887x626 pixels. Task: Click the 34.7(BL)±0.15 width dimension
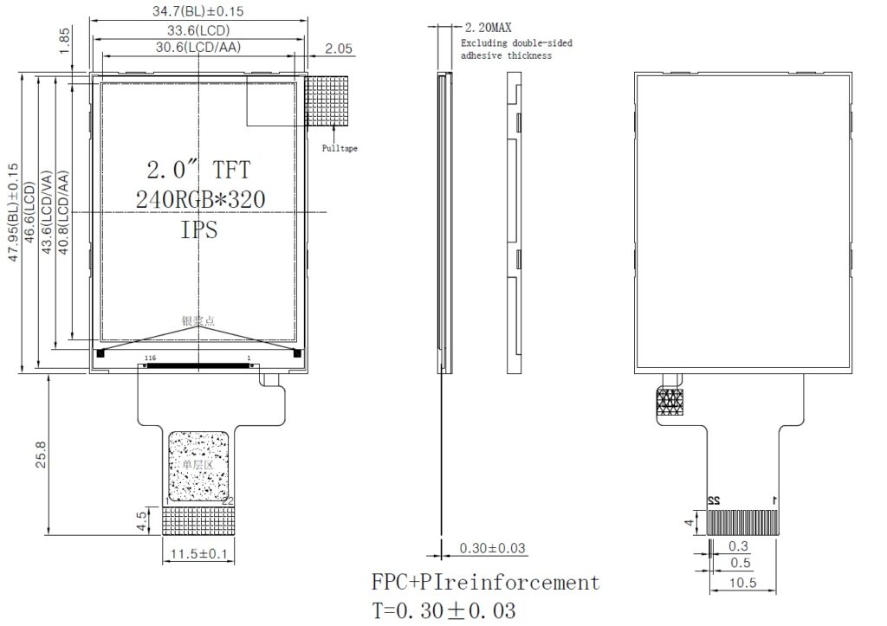tap(198, 12)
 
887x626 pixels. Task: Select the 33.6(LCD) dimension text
tap(198, 30)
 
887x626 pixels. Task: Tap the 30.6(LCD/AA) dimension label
tap(198, 48)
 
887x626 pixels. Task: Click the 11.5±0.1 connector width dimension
tap(199, 553)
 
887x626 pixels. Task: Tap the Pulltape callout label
tap(340, 148)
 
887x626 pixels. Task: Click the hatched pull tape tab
tap(327, 101)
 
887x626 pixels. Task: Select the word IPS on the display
tap(199, 230)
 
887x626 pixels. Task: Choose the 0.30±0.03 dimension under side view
tap(492, 548)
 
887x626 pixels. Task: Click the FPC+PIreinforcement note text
tap(485, 582)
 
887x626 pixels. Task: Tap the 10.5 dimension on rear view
tap(743, 583)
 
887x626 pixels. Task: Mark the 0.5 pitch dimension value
tap(739, 564)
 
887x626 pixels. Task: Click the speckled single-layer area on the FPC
tap(199, 466)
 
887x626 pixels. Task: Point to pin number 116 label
tap(150, 358)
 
